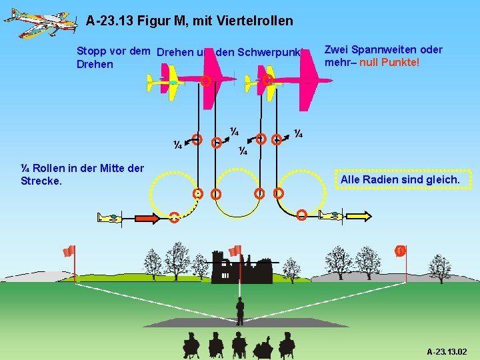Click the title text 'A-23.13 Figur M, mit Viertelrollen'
(x=189, y=21)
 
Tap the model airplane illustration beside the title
(x=37, y=23)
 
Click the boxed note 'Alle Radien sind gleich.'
(x=400, y=180)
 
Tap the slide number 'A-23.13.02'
(x=447, y=351)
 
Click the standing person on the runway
(x=240, y=311)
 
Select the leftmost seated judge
(x=191, y=345)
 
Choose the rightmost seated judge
(x=287, y=345)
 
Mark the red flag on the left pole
(x=69, y=251)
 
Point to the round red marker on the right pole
(x=400, y=251)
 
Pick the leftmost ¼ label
(x=178, y=145)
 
